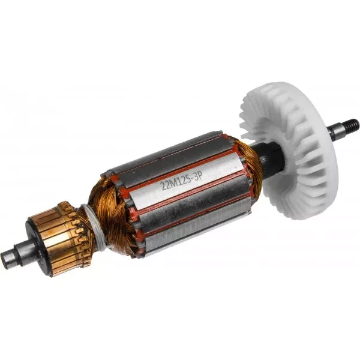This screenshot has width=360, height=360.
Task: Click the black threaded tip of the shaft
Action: click(351, 125)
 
